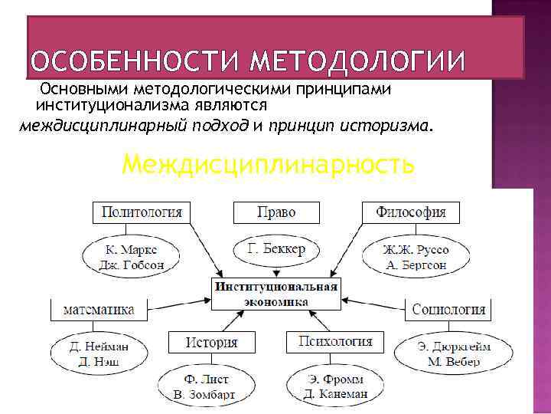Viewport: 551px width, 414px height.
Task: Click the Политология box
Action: tap(142, 212)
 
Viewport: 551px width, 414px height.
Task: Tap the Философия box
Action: tap(411, 212)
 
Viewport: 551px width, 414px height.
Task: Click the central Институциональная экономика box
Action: tap(276, 294)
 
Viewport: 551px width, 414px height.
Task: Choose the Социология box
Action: tap(448, 310)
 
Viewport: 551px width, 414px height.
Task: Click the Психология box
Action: tap(335, 342)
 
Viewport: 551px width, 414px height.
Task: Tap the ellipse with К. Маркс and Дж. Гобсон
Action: tap(132, 258)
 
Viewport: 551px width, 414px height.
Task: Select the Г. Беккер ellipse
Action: tap(277, 250)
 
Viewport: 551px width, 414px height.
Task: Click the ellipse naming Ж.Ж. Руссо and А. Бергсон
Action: tap(416, 258)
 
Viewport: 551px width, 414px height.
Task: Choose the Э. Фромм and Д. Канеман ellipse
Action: tap(334, 386)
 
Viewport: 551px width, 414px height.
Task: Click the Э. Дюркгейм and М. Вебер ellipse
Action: tap(454, 354)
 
